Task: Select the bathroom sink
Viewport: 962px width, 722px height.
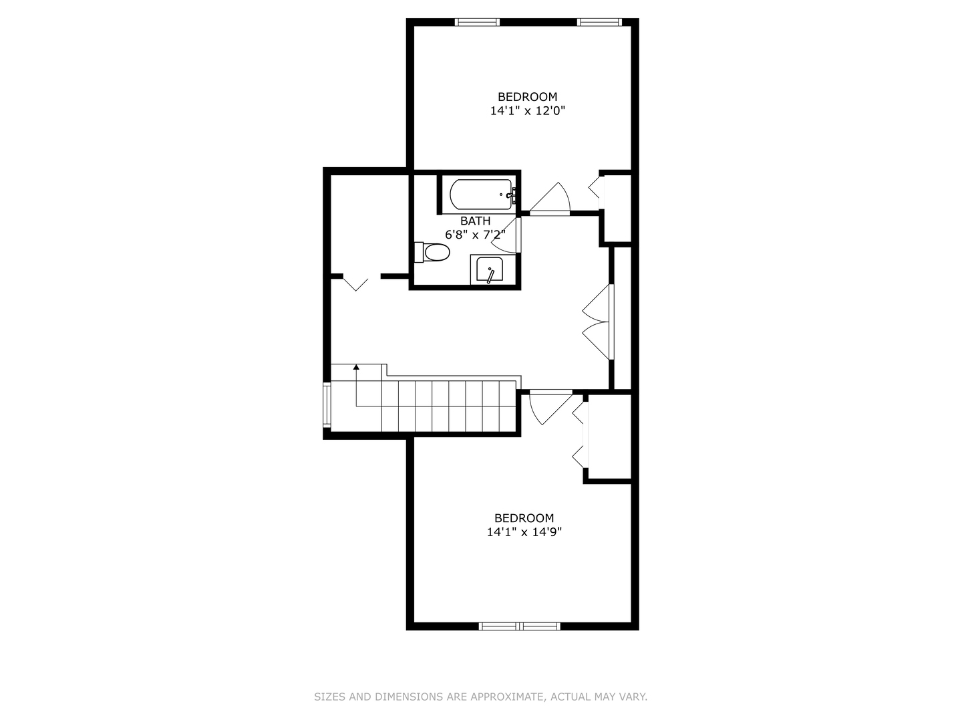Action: [490, 271]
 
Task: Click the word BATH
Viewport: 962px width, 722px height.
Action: [475, 221]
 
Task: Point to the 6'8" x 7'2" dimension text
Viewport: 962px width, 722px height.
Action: [475, 235]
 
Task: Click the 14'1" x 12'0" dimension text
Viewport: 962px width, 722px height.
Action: [528, 111]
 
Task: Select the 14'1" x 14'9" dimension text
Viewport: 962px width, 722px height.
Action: [524, 532]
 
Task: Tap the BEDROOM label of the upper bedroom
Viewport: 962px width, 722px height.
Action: [527, 97]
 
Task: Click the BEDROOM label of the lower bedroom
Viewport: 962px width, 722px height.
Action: [524, 518]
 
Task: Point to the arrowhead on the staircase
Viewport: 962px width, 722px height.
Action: [357, 367]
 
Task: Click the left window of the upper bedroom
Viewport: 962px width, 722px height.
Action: [477, 22]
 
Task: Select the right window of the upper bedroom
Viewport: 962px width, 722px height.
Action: [599, 22]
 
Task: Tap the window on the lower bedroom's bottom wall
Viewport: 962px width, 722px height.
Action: [520, 626]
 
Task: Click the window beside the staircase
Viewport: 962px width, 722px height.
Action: [327, 404]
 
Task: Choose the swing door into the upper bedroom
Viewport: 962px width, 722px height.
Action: [550, 199]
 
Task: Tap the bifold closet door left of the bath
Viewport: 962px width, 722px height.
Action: [355, 282]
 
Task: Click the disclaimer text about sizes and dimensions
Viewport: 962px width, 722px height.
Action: [480, 697]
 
